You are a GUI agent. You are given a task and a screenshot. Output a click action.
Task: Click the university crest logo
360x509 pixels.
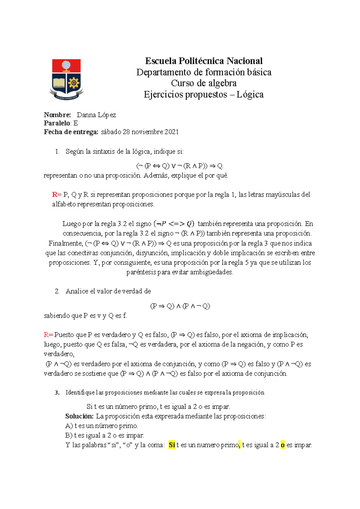pyautogui.click(x=66, y=79)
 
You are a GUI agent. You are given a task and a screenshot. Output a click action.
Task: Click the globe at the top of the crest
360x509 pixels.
pyautogui.click(x=66, y=65)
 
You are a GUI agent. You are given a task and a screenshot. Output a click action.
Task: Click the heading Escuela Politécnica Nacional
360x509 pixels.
pyautogui.click(x=204, y=61)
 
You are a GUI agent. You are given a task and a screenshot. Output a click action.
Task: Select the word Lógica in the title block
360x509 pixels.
pyautogui.click(x=250, y=95)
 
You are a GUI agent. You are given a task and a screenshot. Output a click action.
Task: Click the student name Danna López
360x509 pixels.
pyautogui.click(x=96, y=115)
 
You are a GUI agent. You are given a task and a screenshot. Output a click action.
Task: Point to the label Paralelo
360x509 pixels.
pyautogui.click(x=57, y=123)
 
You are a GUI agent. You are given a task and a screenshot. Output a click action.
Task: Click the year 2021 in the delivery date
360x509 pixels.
pyautogui.click(x=171, y=132)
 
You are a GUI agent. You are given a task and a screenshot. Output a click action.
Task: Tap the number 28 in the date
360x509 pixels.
pyautogui.click(x=126, y=132)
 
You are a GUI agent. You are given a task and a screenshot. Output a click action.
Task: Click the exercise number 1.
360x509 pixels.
pyautogui.click(x=57, y=152)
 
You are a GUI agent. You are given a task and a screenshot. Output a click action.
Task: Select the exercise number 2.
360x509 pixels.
pyautogui.click(x=57, y=291)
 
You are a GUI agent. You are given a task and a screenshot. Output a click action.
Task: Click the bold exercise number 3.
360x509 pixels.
pyautogui.click(x=57, y=393)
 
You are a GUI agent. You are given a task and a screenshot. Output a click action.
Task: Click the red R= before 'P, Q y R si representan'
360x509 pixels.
pyautogui.click(x=56, y=194)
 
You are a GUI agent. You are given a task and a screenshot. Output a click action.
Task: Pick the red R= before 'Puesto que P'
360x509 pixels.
pyautogui.click(x=48, y=335)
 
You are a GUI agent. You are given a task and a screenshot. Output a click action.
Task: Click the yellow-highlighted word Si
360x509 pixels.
pyautogui.click(x=172, y=445)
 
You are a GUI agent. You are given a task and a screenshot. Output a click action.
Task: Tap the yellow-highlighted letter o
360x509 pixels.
pyautogui.click(x=283, y=445)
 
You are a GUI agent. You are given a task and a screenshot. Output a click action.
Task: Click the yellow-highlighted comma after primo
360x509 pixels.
pyautogui.click(x=239, y=445)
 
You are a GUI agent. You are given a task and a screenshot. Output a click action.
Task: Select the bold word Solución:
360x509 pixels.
pyautogui.click(x=79, y=416)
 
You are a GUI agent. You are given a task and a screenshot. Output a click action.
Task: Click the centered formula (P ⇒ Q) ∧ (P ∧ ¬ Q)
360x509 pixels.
pyautogui.click(x=180, y=306)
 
